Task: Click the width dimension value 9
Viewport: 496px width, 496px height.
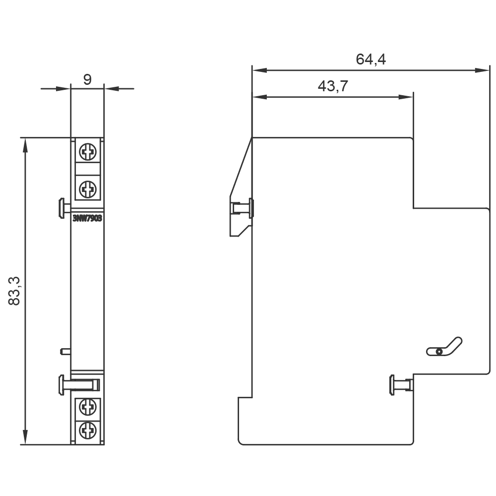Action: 87,79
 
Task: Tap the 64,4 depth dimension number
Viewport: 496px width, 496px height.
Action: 371,60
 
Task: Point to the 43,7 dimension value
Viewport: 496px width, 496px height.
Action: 332,86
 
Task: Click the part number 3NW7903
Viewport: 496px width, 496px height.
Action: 87,218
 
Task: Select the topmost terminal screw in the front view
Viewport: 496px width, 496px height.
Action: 87,152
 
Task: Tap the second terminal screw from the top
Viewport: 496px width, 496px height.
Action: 87,188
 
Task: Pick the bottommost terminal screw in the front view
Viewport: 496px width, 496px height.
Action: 87,430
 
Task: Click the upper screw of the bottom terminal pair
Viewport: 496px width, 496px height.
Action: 87,408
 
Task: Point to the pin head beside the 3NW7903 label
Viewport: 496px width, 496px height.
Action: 61,208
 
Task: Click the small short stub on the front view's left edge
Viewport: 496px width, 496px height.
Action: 64,351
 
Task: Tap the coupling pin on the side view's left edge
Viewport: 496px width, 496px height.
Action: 242,208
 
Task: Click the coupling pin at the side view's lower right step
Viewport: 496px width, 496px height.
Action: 401,385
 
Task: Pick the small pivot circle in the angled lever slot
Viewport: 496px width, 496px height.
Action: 438,352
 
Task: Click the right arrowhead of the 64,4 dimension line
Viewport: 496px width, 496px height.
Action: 483,70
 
